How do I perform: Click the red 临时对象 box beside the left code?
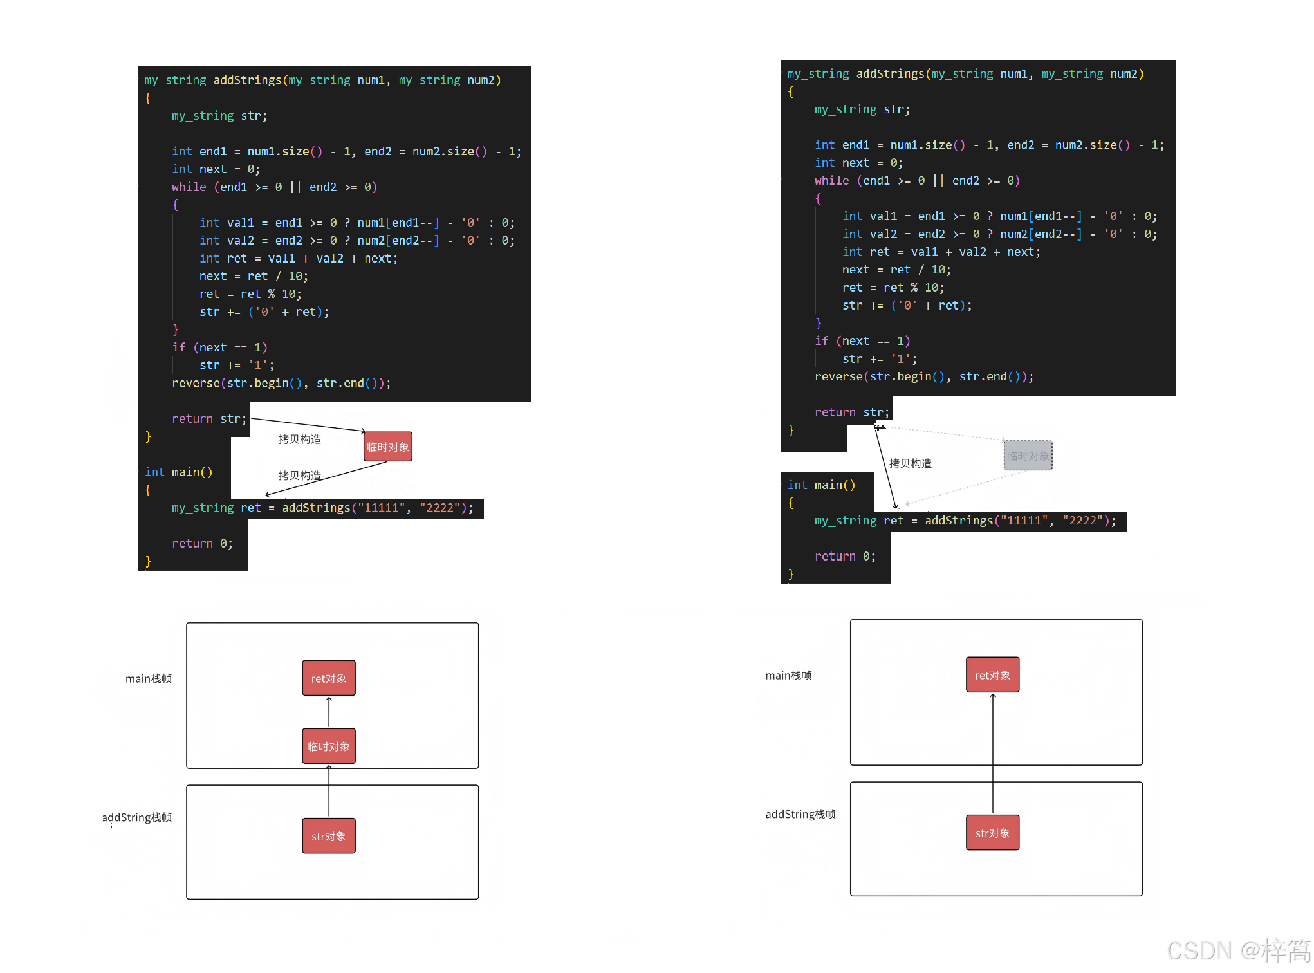[x=387, y=447]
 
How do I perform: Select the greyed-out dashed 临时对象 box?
[x=1028, y=456]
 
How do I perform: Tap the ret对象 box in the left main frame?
[x=329, y=678]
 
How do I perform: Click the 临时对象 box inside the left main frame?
[x=329, y=746]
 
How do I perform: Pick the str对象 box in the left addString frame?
[x=329, y=836]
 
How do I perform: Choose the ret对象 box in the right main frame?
[x=992, y=675]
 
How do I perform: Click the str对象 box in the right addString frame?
[x=992, y=833]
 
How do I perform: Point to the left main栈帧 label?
[x=149, y=678]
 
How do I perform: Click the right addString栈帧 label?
[x=800, y=814]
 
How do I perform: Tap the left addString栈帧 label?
[x=137, y=817]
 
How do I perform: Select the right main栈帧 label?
[x=788, y=675]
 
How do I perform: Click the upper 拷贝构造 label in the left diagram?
[x=299, y=439]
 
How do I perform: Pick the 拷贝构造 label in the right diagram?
[x=910, y=463]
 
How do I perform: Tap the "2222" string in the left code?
[x=440, y=508]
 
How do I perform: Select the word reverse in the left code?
[x=196, y=383]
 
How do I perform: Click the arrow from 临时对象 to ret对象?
[x=329, y=712]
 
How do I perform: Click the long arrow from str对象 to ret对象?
[x=992, y=753]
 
